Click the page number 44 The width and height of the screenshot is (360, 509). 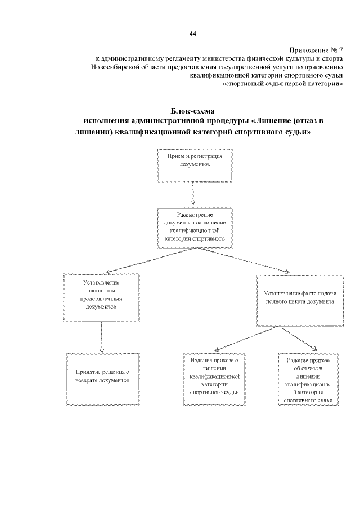point(193,34)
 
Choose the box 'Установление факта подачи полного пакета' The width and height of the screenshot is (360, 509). point(300,298)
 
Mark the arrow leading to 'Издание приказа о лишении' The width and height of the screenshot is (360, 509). point(242,339)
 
